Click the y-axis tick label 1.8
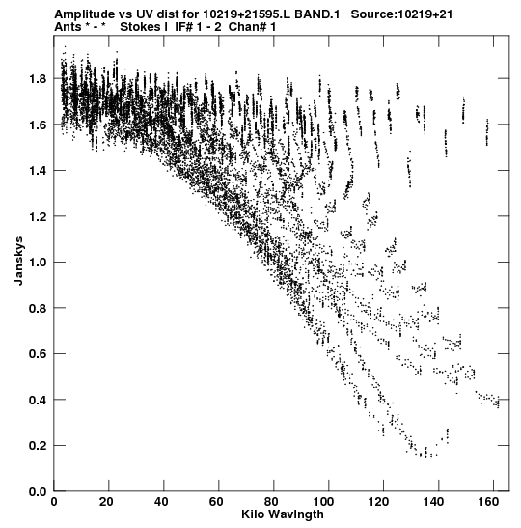point(38,79)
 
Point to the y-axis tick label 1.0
point(38,262)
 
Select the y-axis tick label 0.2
point(38,446)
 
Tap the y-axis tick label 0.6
point(38,354)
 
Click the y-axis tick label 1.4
point(38,171)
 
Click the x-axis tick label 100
point(326,502)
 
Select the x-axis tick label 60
point(216,502)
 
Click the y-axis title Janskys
point(19,261)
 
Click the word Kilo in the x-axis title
point(253,514)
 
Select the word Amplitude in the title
point(84,14)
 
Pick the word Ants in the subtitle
point(68,27)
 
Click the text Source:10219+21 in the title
point(402,14)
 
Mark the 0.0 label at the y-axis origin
point(38,491)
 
